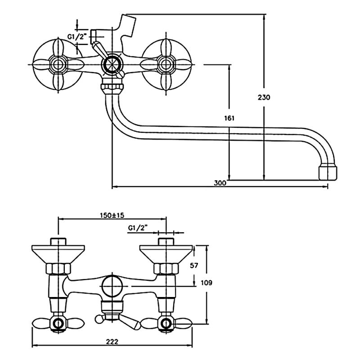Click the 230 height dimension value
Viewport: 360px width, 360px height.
coord(264,97)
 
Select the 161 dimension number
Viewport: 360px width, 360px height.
coord(229,118)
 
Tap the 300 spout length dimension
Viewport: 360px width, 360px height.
coord(220,183)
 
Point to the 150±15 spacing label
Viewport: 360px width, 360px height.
coord(112,215)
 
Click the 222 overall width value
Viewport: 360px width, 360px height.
coord(112,342)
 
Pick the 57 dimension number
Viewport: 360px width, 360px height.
coord(194,265)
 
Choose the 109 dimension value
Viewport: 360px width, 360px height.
coord(207,283)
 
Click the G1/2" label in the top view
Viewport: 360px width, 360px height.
coord(77,36)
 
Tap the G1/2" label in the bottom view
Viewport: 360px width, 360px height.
coord(138,228)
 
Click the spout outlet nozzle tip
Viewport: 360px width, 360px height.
coord(328,173)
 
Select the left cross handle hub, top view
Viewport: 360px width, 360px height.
coord(58,64)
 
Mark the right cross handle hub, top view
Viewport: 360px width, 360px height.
coord(166,64)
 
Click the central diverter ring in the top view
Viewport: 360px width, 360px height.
coord(112,64)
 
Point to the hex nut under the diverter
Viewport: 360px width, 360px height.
coord(112,87)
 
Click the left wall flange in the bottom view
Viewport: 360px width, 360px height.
coord(58,254)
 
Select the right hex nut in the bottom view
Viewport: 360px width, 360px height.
coord(166,269)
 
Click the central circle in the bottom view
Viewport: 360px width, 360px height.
coord(112,286)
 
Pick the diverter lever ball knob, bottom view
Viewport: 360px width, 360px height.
coord(98,319)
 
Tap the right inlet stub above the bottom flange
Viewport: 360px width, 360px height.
coord(166,242)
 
